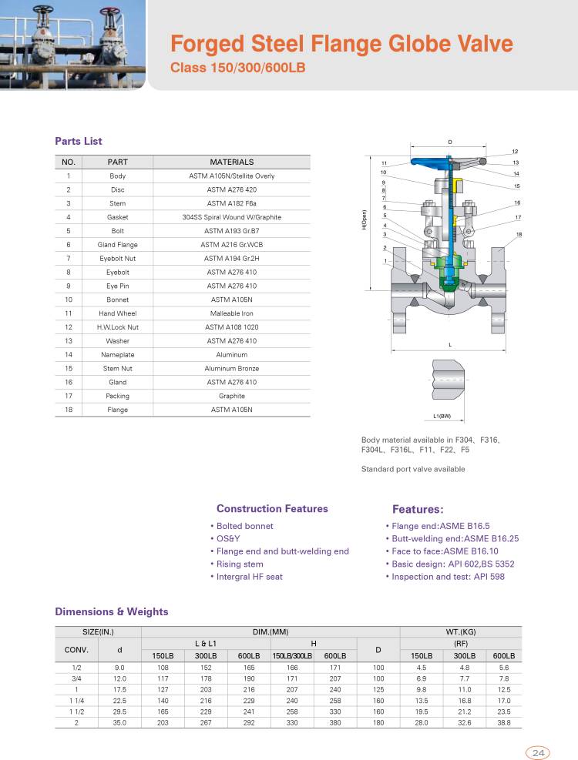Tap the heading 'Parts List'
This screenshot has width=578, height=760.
pos(79,142)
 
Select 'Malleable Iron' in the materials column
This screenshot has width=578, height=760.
pos(231,313)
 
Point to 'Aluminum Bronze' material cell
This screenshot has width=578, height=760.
pos(231,368)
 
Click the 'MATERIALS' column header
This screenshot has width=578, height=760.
pos(231,162)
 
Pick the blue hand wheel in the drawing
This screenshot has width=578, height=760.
pos(447,162)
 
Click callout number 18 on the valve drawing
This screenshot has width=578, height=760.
pos(519,234)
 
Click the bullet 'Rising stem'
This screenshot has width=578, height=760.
pos(240,564)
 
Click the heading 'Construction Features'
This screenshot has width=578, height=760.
pos(272,509)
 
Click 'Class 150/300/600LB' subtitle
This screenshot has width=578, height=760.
pos(238,68)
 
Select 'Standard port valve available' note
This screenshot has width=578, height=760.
pos(413,469)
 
